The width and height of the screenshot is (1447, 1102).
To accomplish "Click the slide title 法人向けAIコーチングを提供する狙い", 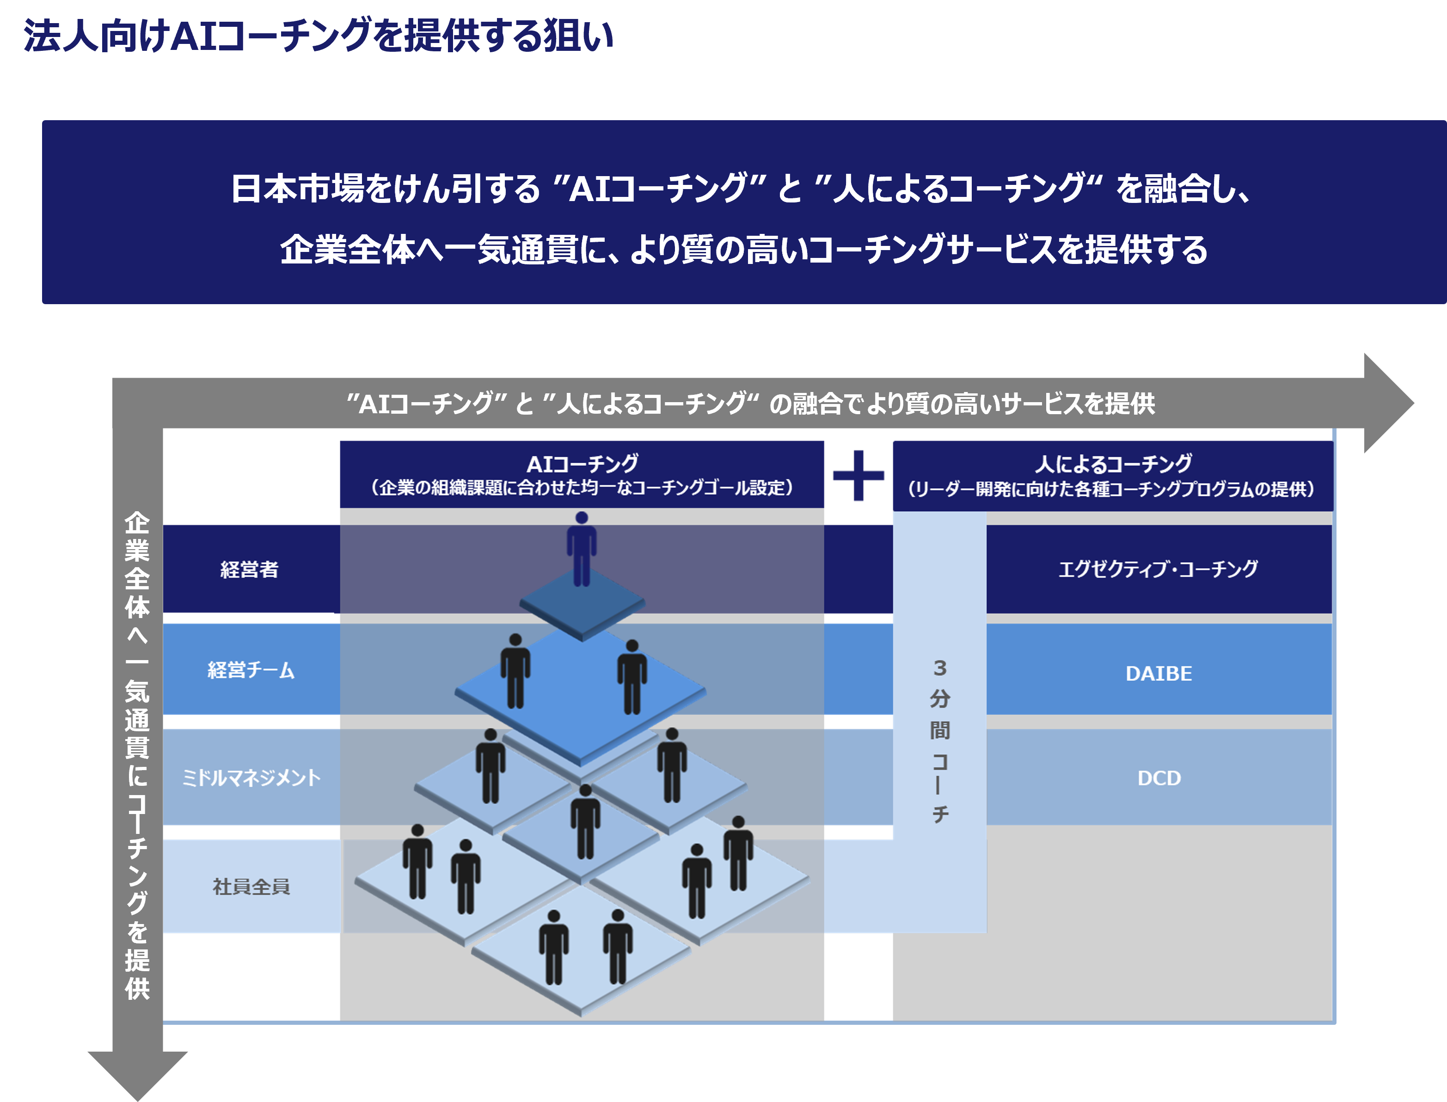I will pyautogui.click(x=318, y=36).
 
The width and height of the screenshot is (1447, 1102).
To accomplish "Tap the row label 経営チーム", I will pyautogui.click(x=251, y=670).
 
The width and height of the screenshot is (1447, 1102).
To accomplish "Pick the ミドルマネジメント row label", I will pyautogui.click(x=251, y=778).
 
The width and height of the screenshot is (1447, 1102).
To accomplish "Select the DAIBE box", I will pyautogui.click(x=1159, y=673).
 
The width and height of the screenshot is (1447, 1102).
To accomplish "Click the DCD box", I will pyautogui.click(x=1159, y=778).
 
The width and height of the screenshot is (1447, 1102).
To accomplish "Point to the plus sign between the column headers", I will pyautogui.click(x=858, y=476).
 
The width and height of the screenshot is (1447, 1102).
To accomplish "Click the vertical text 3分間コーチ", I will pyautogui.click(x=939, y=741).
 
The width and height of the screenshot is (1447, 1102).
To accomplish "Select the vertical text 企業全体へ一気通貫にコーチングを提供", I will pyautogui.click(x=138, y=754).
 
